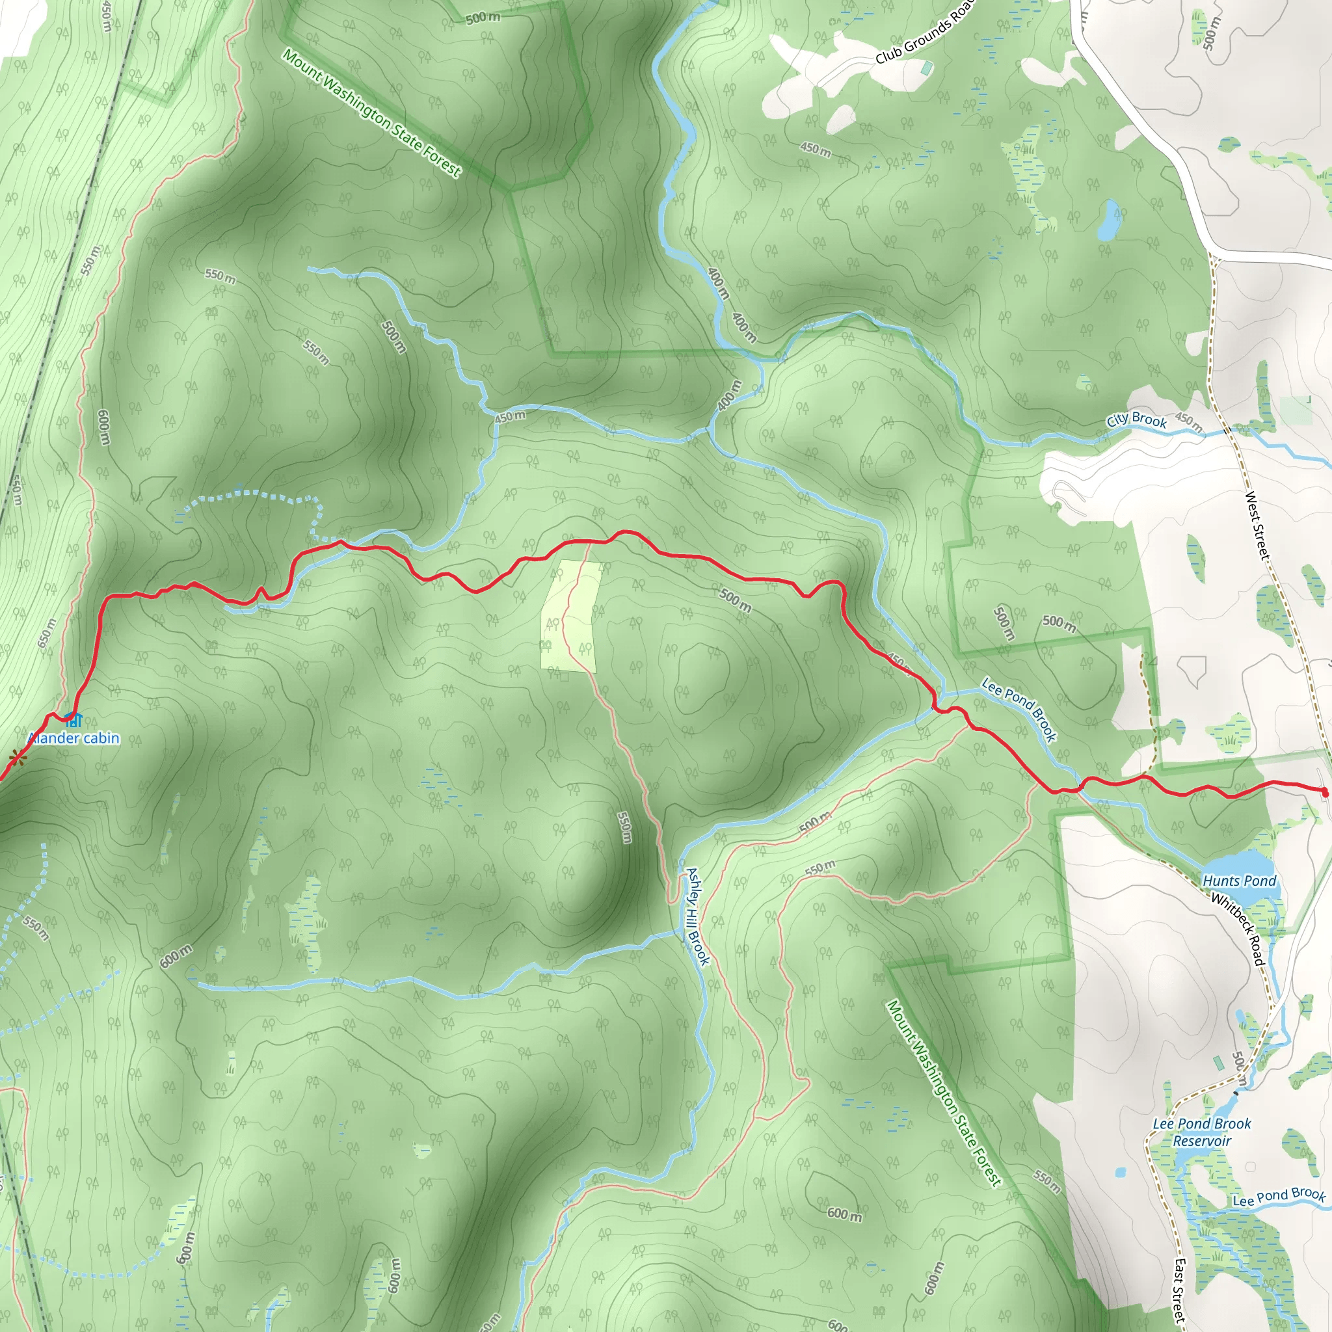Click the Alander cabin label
coord(73,738)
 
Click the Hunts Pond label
coord(1240,881)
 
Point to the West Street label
coord(1257,525)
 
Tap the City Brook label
coord(1137,420)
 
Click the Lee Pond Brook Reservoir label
coord(1203,1132)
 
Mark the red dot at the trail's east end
coord(1324,792)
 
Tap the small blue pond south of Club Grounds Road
coord(1108,220)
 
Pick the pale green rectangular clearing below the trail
coord(570,616)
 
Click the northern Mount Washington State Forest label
coord(371,113)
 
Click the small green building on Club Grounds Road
coord(927,68)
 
